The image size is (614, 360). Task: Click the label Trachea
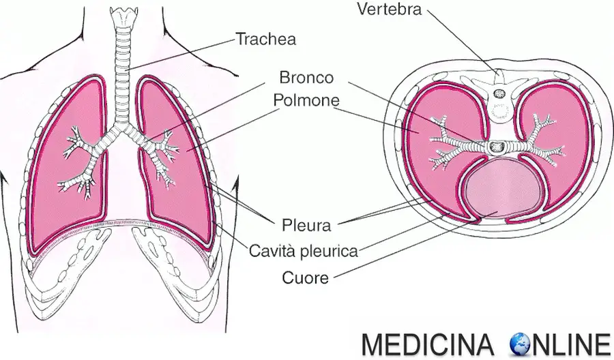(266, 39)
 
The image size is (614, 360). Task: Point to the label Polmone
(307, 100)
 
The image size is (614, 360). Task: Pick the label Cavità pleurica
(304, 251)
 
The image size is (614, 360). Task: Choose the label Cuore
(306, 277)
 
